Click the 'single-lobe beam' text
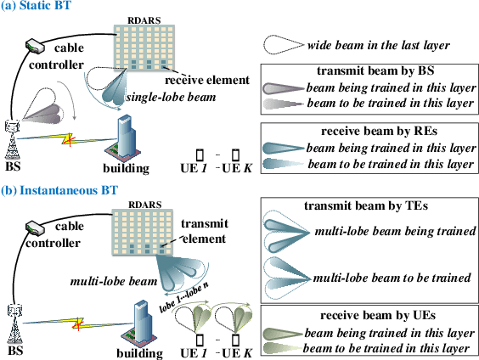pyautogui.click(x=164, y=98)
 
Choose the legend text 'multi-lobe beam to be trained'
pyautogui.click(x=392, y=278)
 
